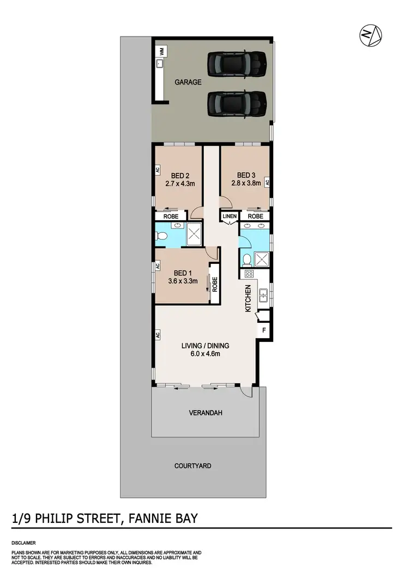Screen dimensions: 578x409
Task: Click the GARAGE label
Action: coord(188,83)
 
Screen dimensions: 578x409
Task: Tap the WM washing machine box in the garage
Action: coord(161,52)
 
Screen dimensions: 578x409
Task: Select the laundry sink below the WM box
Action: coord(161,64)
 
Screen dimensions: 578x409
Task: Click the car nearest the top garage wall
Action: coord(237,64)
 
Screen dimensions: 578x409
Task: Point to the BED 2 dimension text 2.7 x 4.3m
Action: coord(180,184)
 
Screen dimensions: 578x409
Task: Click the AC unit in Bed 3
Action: coord(267,183)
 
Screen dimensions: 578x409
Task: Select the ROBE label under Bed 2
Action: coord(167,216)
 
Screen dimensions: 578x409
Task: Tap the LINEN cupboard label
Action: coord(229,216)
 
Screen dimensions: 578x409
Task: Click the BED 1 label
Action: coord(182,274)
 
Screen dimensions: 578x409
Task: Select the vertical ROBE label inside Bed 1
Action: coord(215,284)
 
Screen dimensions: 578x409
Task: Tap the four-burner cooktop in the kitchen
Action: coord(250,273)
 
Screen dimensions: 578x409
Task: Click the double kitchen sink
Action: coord(264,295)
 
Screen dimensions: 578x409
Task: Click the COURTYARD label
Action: coord(193,466)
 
